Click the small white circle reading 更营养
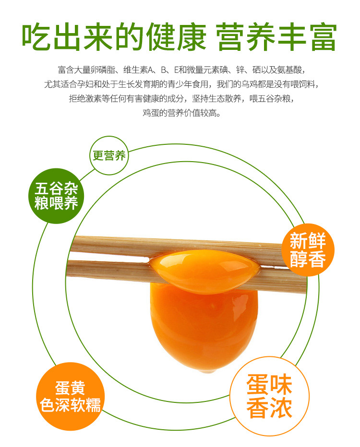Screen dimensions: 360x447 pyautogui.click(x=109, y=155)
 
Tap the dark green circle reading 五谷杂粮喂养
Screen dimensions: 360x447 pyautogui.click(x=56, y=196)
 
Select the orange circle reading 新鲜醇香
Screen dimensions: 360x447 pyautogui.click(x=308, y=250)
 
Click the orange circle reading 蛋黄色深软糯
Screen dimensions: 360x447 pyautogui.click(x=70, y=396)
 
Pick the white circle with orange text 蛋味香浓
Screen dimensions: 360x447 pyautogui.click(x=269, y=396)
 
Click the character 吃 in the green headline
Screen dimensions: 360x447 pyautogui.click(x=36, y=37)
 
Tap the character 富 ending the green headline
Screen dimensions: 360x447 pyautogui.click(x=324, y=37)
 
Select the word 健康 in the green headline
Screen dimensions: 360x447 pyautogui.click(x=176, y=37)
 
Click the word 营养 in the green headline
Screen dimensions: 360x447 pyautogui.click(x=246, y=37)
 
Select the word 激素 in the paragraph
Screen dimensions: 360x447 pyautogui.click(x=93, y=99)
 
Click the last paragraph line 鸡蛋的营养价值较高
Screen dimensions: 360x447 pyautogui.click(x=182, y=113)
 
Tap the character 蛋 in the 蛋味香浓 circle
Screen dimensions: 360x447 pyautogui.click(x=258, y=385)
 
